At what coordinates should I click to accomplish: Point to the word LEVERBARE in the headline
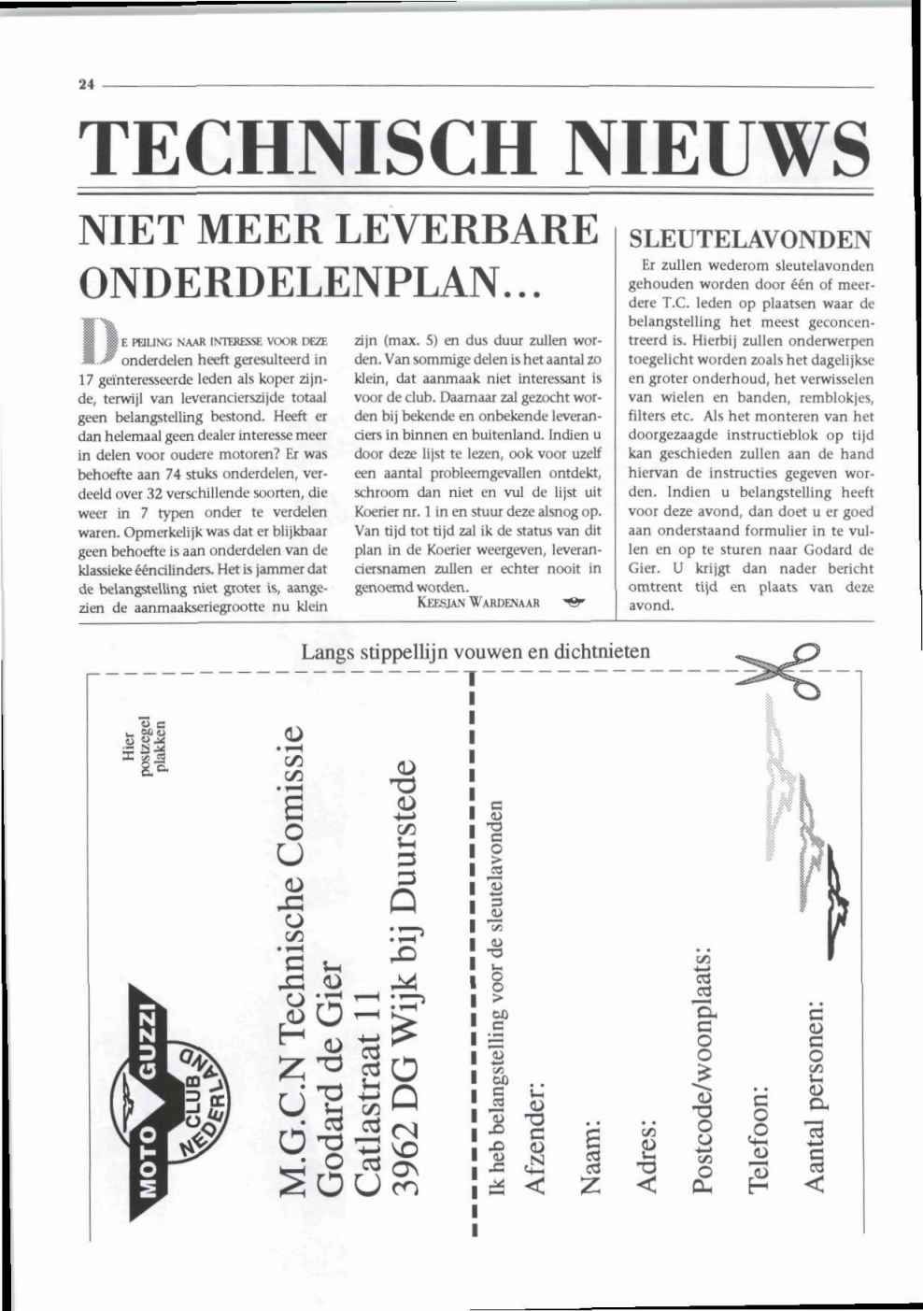tap(466, 231)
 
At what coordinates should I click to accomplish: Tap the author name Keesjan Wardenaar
tap(478, 603)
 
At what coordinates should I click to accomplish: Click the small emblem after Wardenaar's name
tap(573, 603)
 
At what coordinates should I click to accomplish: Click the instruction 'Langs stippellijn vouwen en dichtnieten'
tap(475, 651)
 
